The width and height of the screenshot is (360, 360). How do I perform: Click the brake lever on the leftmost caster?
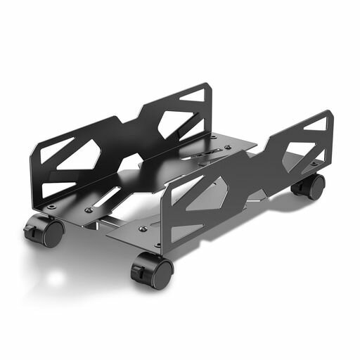(32, 230)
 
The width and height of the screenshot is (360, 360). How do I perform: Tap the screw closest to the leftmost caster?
(52, 207)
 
